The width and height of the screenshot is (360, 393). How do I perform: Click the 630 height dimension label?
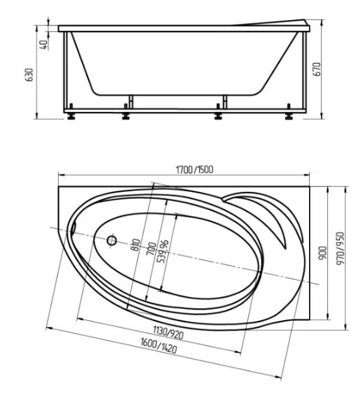30,75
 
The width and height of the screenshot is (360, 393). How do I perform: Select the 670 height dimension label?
317,69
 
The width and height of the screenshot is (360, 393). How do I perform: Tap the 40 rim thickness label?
44,45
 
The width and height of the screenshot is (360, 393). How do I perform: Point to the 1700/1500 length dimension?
195,170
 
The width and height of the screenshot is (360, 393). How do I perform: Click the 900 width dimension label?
323,253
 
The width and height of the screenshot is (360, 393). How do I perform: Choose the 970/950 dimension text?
340,249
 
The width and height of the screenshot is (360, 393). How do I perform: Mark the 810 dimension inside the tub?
136,245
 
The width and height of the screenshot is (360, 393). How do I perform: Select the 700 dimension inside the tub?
152,249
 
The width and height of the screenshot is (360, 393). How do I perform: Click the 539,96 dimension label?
163,252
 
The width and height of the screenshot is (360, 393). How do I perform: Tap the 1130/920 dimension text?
168,333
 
